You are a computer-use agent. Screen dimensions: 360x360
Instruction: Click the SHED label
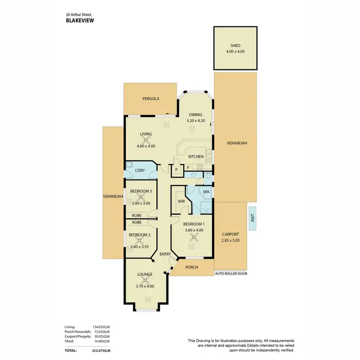pyautogui.click(x=235, y=46)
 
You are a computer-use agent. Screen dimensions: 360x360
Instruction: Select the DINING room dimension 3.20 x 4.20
pyautogui.click(x=195, y=121)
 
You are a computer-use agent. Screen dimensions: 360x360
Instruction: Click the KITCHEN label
pyautogui.click(x=196, y=156)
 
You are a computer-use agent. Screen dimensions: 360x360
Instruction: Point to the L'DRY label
pyautogui.click(x=140, y=170)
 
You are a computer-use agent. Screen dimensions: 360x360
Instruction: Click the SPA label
pyautogui.click(x=206, y=192)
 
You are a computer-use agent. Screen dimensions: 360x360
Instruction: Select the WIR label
pyautogui.click(x=181, y=201)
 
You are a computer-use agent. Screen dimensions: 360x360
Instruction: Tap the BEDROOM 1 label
pyautogui.click(x=194, y=224)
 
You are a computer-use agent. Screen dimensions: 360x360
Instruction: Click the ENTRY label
pyautogui.click(x=165, y=254)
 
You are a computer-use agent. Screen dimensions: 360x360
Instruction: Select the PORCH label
pyautogui.click(x=192, y=267)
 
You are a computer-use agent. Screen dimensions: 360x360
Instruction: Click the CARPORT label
pyautogui.click(x=231, y=235)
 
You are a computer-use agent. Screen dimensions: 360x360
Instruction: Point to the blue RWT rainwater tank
pyautogui.click(x=252, y=218)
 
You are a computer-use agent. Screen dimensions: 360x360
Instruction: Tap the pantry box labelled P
pyautogui.click(x=177, y=170)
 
